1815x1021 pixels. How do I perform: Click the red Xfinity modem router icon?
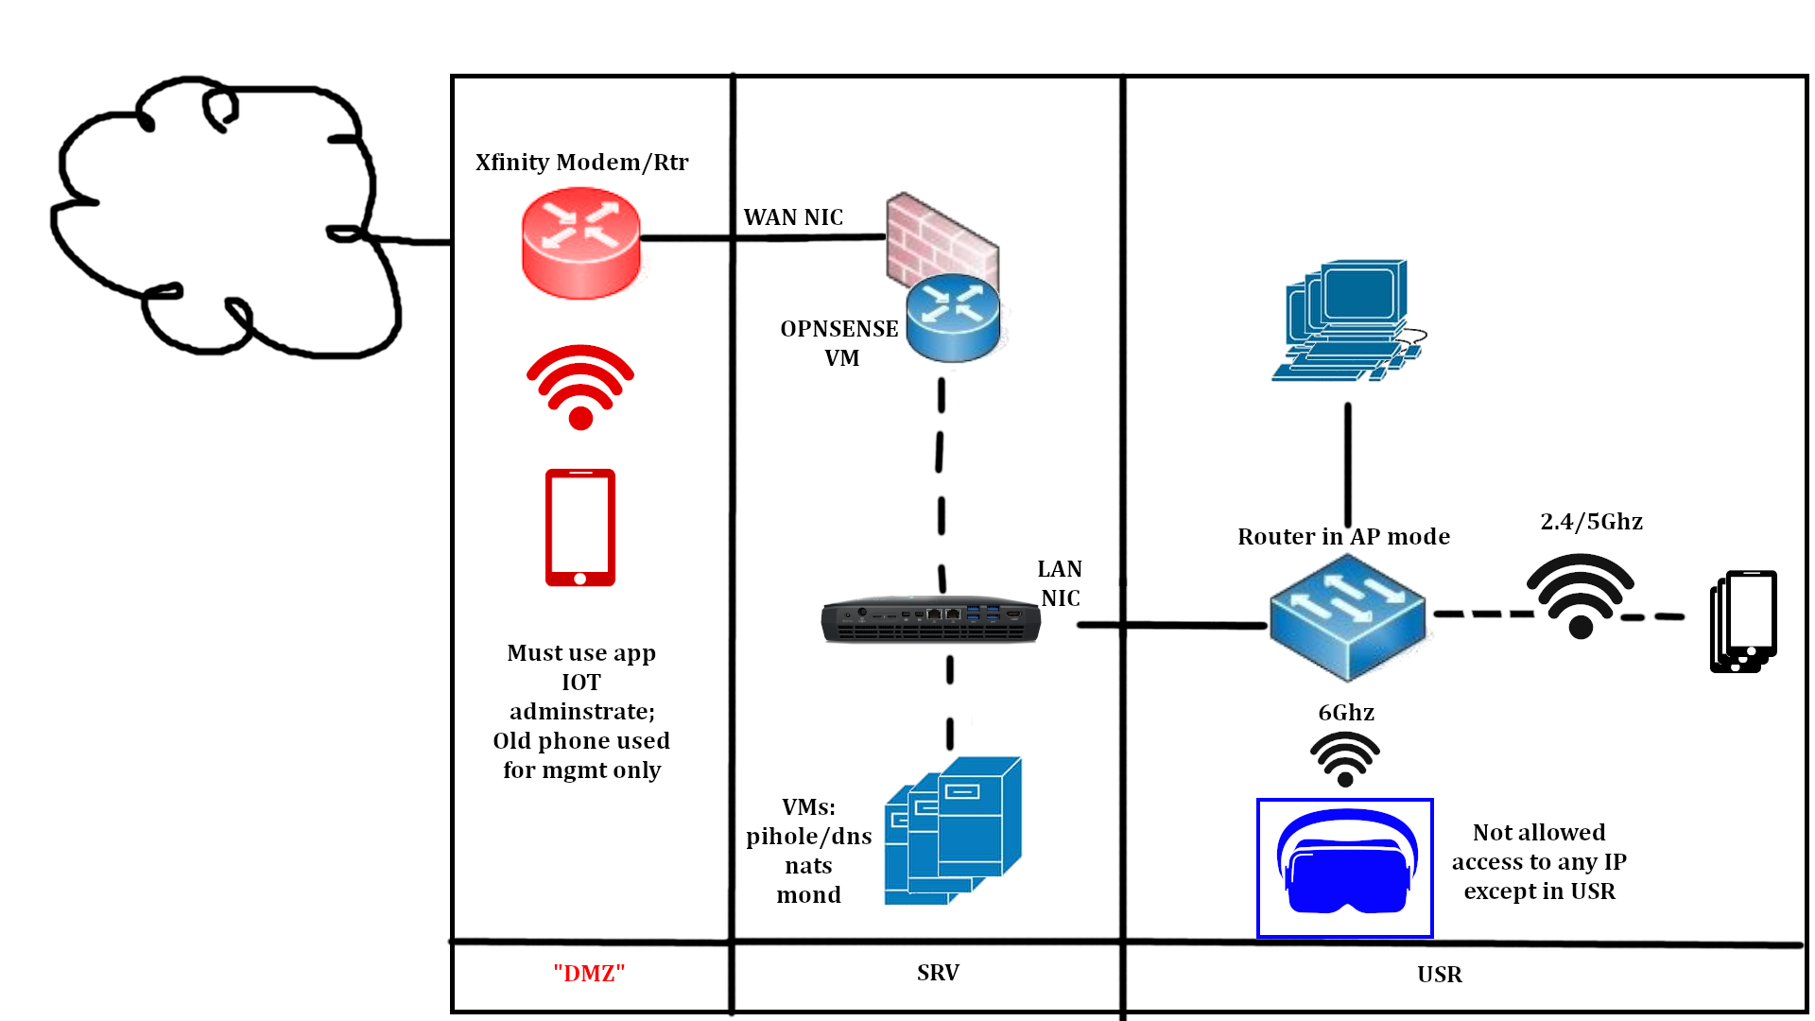click(x=580, y=243)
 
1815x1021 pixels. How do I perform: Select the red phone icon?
click(x=580, y=528)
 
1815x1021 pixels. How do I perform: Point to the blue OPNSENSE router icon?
click(x=953, y=318)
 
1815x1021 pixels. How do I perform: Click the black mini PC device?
click(x=931, y=620)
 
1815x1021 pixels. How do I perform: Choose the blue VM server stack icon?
click(x=952, y=831)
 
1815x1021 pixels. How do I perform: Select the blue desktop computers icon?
click(x=1348, y=320)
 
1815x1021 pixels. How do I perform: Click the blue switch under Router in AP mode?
click(x=1347, y=617)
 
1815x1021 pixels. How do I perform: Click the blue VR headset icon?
click(x=1345, y=865)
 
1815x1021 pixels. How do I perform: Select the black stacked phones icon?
click(x=1743, y=621)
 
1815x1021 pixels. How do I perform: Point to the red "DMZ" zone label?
click(x=589, y=974)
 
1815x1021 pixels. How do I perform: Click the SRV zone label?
click(x=938, y=973)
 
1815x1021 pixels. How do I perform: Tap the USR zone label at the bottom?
click(x=1440, y=975)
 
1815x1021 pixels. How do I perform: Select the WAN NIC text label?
click(x=793, y=217)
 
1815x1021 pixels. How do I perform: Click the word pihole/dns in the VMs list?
click(x=809, y=837)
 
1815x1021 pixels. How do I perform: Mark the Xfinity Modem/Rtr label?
click(x=581, y=163)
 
